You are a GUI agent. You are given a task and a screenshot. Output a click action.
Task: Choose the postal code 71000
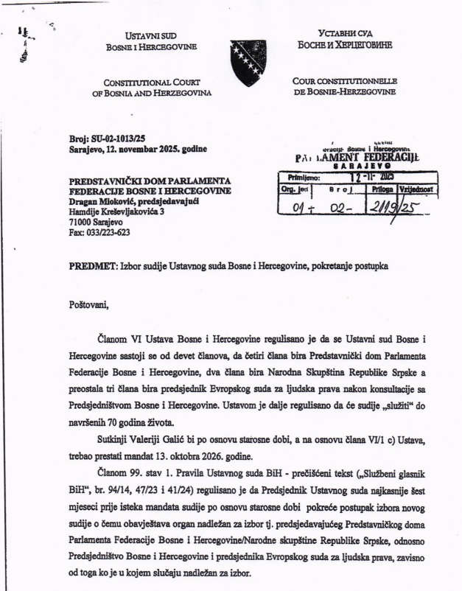click(x=61, y=220)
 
